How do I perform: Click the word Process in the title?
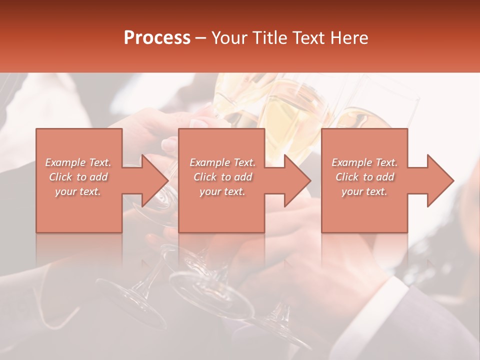tap(157, 38)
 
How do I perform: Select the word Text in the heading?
tap(307, 38)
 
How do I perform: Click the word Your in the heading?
tap(229, 38)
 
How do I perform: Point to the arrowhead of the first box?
tap(155, 180)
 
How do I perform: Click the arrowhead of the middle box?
tap(297, 180)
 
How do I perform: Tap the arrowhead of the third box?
tap(440, 180)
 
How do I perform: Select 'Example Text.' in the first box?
tap(78, 162)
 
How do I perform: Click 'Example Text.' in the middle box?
tap(222, 162)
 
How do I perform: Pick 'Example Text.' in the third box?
tap(364, 162)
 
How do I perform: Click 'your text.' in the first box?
tap(78, 191)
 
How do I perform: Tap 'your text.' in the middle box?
tap(222, 191)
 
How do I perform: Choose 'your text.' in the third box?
tap(364, 191)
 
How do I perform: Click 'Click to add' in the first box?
tap(78, 177)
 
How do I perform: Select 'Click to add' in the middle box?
tap(222, 177)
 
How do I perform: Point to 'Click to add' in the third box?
tap(364, 177)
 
